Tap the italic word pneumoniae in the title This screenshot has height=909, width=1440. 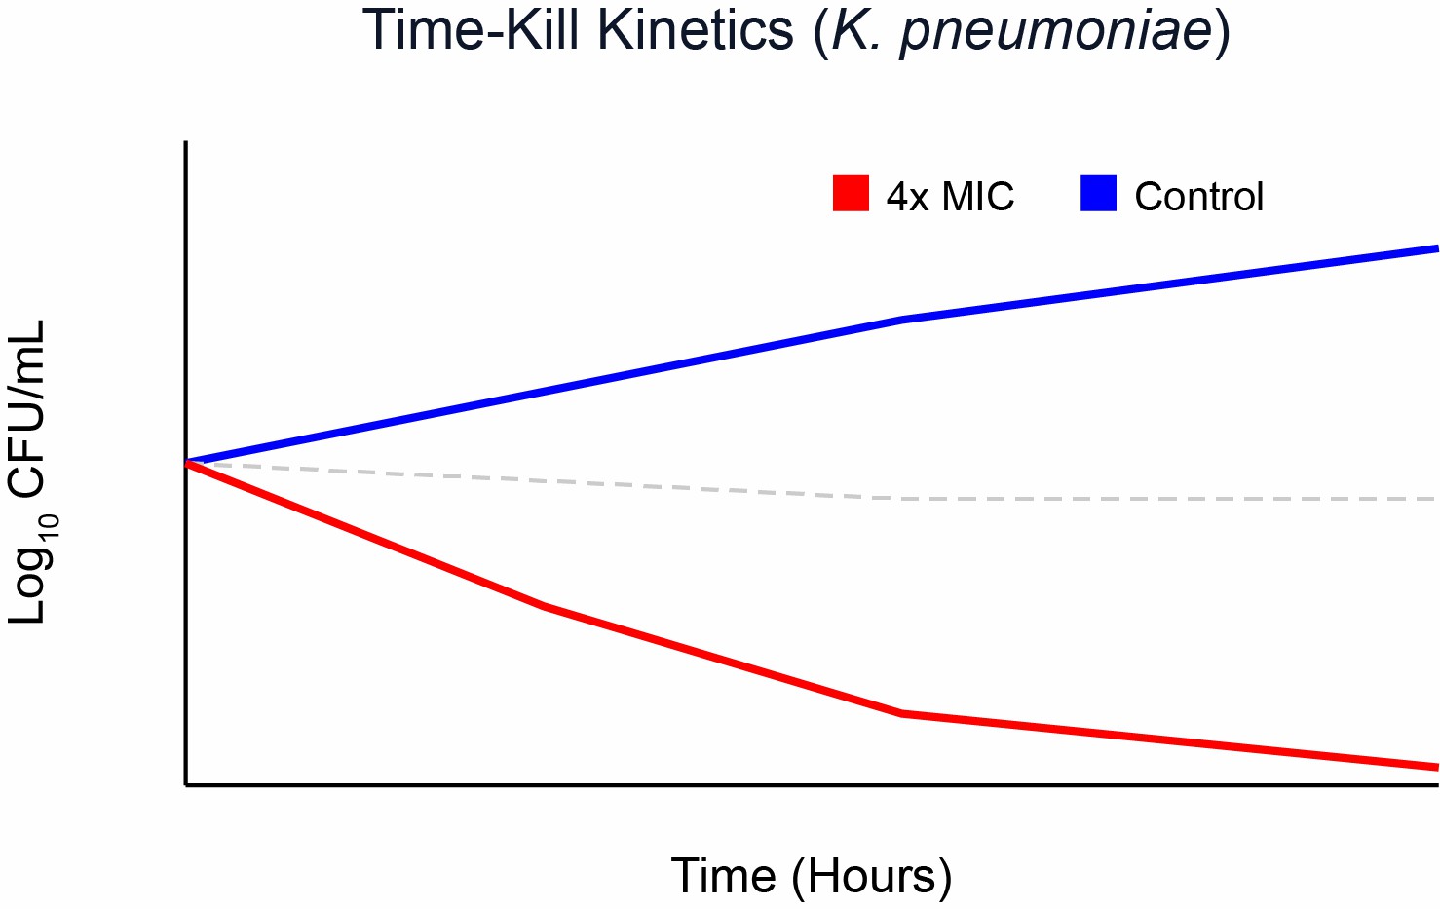pyautogui.click(x=1055, y=33)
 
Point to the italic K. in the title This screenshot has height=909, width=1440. pyautogui.click(x=857, y=30)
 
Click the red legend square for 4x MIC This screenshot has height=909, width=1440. pyautogui.click(x=851, y=193)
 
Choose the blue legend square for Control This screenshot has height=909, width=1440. pyautogui.click(x=1098, y=193)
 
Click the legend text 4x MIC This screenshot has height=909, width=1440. pyautogui.click(x=950, y=196)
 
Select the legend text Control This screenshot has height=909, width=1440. pyautogui.click(x=1199, y=196)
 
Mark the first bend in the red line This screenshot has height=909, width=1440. pyautogui.click(x=544, y=606)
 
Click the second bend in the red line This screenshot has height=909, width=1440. pyautogui.click(x=902, y=713)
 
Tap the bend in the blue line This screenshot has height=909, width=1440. pyautogui.click(x=902, y=319)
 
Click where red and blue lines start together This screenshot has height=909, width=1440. pyautogui.click(x=187, y=462)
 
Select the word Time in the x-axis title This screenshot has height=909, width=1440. pyautogui.click(x=723, y=876)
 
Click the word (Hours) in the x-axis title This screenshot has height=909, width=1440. pyautogui.click(x=871, y=878)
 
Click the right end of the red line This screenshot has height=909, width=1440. pyautogui.click(x=1437, y=767)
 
